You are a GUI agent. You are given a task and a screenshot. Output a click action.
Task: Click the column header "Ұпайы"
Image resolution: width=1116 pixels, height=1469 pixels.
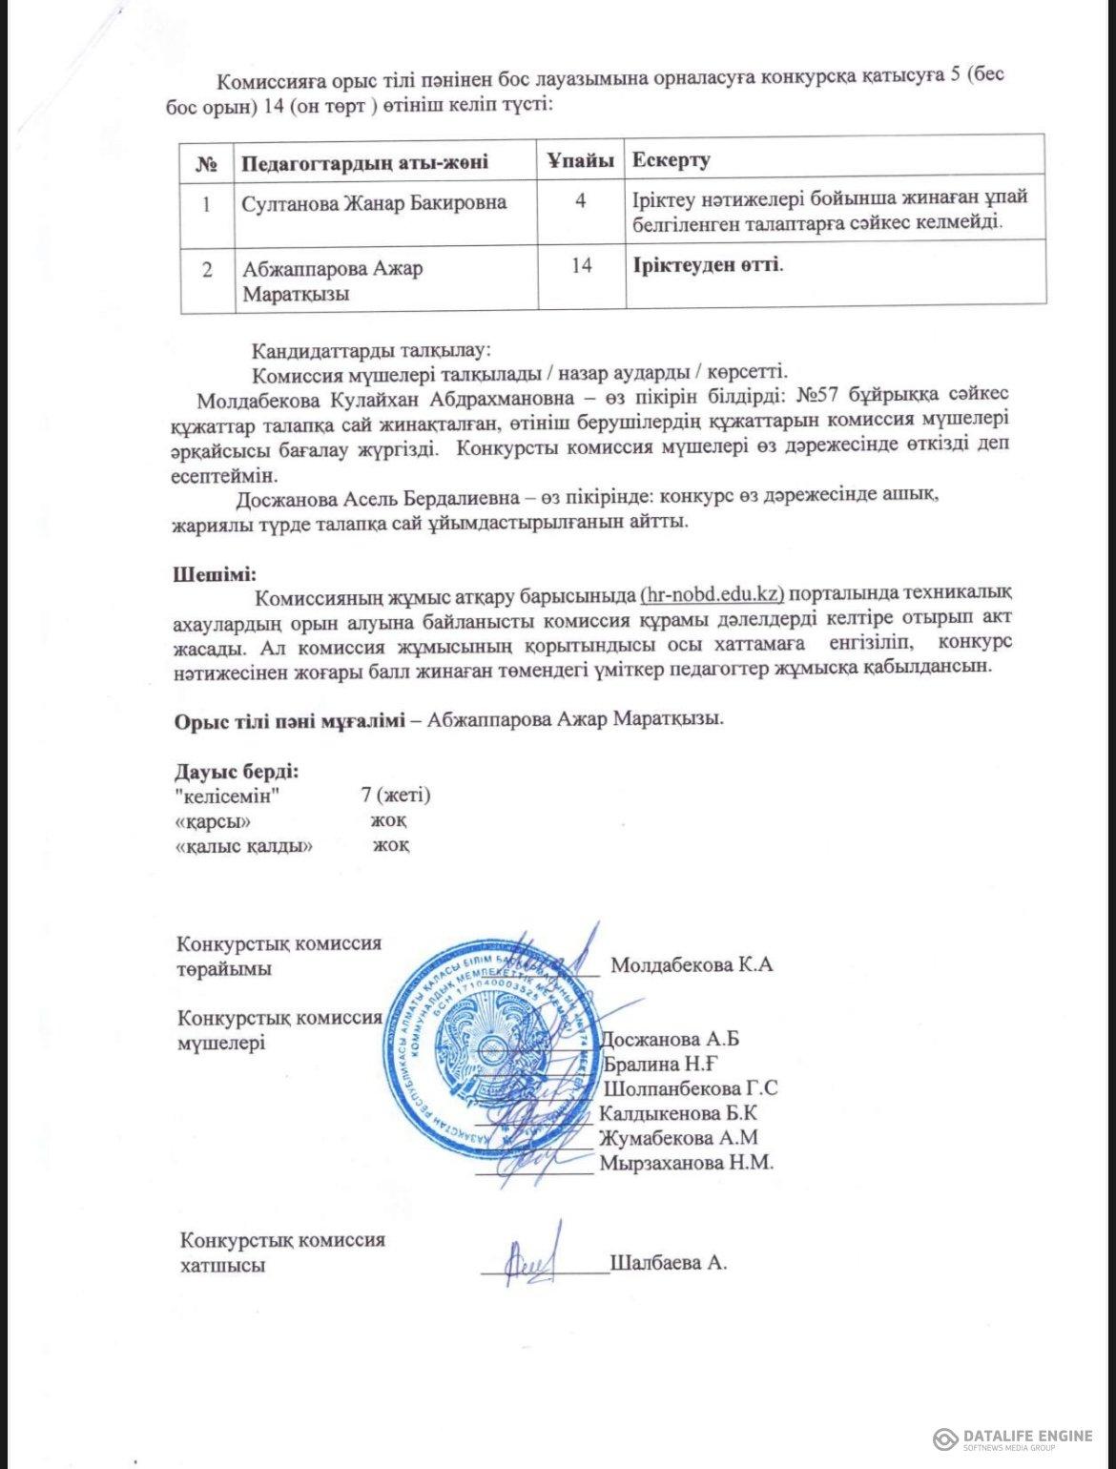click(580, 159)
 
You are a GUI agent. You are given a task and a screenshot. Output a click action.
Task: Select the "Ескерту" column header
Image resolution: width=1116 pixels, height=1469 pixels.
click(671, 159)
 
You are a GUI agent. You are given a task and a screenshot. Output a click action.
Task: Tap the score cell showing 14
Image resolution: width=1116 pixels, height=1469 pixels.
click(581, 266)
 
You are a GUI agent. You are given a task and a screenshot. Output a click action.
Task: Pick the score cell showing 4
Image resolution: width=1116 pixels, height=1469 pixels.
click(580, 201)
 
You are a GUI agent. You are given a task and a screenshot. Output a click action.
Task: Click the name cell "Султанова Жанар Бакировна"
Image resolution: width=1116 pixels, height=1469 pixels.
click(373, 202)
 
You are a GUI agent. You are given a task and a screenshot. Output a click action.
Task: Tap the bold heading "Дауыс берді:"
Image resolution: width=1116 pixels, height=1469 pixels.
click(236, 770)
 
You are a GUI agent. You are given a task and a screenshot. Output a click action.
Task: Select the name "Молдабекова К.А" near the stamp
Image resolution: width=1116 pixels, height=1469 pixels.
click(692, 963)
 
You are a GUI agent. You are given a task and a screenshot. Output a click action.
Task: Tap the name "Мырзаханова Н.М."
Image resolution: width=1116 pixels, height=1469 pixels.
click(685, 1163)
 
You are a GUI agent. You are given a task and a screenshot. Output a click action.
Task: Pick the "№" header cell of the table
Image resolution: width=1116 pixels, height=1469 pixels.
click(207, 160)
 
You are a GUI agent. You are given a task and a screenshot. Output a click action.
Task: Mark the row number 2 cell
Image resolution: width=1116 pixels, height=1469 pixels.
click(206, 268)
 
